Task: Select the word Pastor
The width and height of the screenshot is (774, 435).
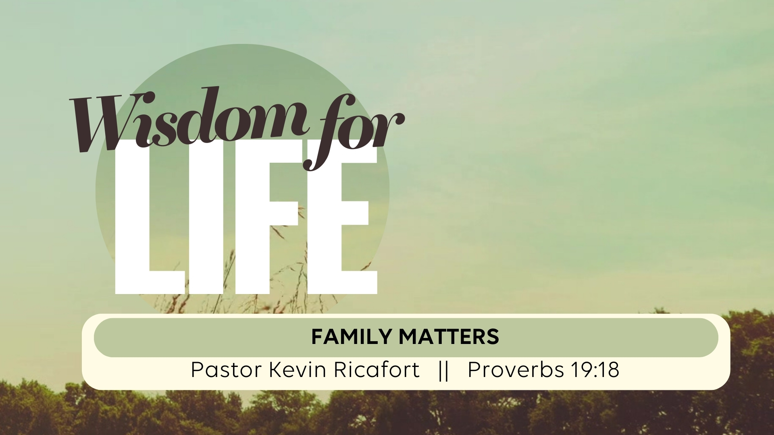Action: [x=227, y=370]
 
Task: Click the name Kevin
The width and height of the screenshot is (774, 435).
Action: [x=298, y=370]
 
